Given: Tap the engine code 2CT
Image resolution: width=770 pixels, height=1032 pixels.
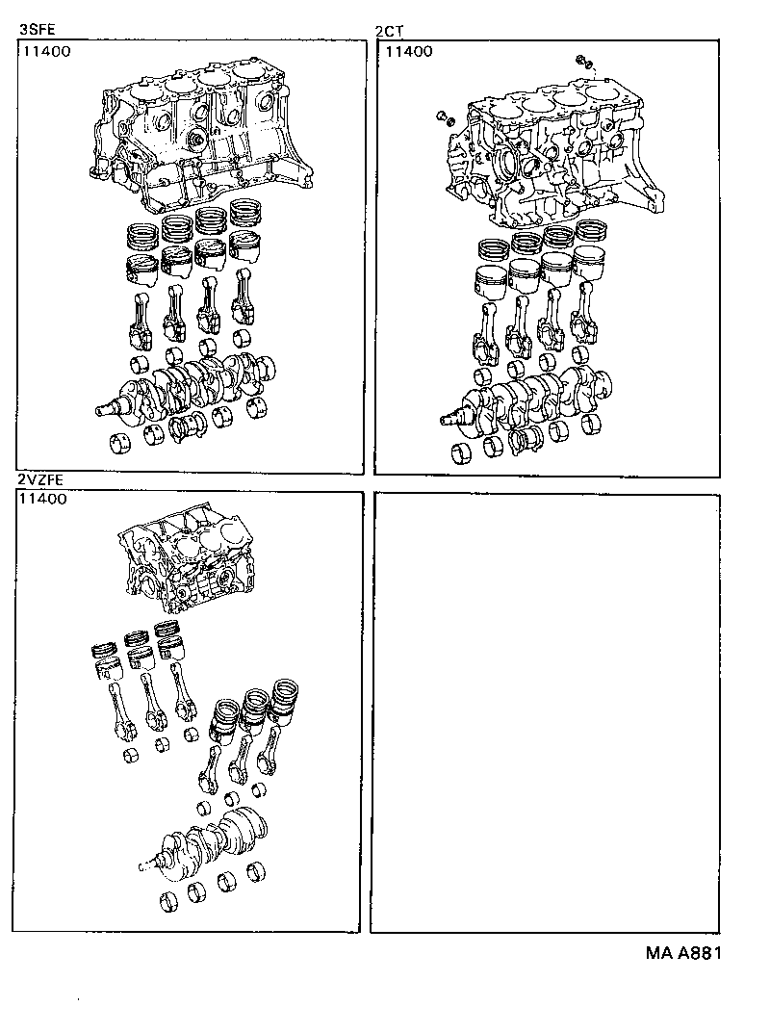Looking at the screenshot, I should click(x=390, y=30).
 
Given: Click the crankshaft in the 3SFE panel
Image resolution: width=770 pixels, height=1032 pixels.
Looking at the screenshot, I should click(x=192, y=385).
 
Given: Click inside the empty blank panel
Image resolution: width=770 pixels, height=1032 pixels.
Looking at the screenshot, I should click(x=545, y=712).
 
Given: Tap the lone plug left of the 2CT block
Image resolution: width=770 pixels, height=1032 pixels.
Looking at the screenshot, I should click(x=444, y=118).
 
